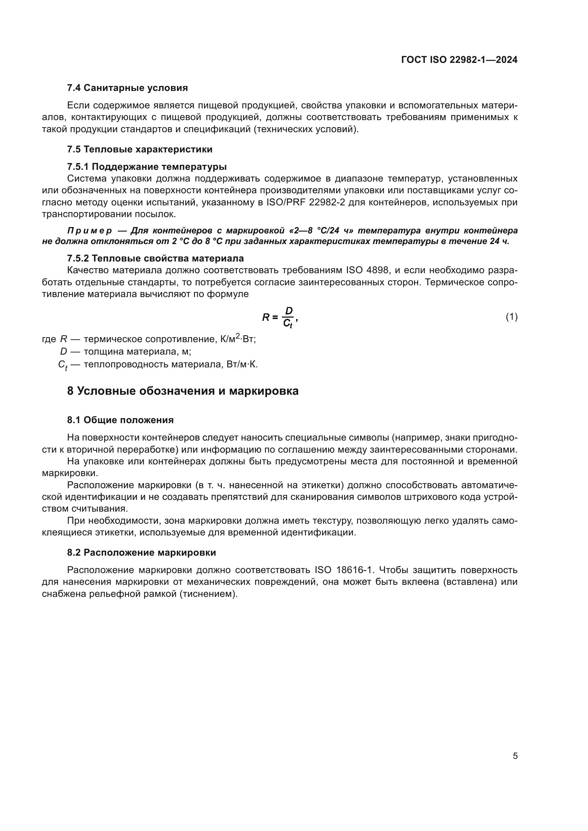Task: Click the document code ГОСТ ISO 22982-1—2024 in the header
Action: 459,60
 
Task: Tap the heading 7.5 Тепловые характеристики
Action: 139,149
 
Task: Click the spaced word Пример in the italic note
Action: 90,231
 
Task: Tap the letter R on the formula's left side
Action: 266,317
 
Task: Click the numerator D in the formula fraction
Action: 289,311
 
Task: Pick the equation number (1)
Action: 511,317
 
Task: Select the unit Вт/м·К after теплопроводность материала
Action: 242,364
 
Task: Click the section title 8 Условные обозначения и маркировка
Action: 182,391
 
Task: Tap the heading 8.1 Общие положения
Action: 120,420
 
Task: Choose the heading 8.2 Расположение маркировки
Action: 141,553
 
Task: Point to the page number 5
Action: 515,756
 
